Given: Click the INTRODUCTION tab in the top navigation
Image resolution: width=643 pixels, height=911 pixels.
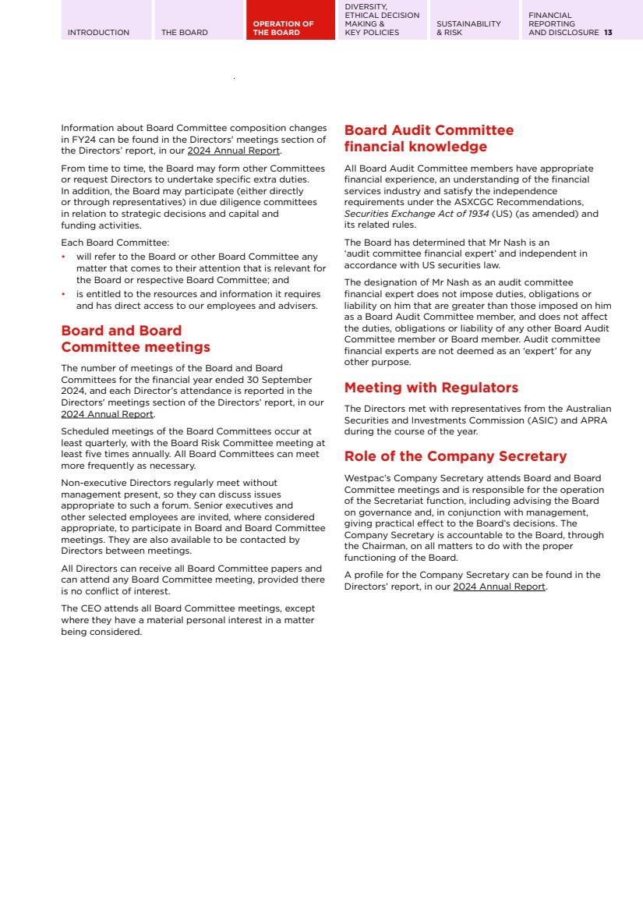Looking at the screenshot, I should pyautogui.click(x=98, y=33).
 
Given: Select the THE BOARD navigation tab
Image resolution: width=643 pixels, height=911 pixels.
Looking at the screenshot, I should pyautogui.click(x=185, y=33).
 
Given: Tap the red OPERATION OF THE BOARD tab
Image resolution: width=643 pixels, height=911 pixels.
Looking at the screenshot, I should pyautogui.click(x=283, y=28).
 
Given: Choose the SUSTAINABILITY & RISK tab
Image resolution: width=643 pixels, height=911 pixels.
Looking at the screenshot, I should pyautogui.click(x=468, y=28).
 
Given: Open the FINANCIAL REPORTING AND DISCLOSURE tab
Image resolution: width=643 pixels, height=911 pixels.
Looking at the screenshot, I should pyautogui.click(x=564, y=24).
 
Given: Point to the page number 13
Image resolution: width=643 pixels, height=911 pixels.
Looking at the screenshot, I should pyautogui.click(x=608, y=33).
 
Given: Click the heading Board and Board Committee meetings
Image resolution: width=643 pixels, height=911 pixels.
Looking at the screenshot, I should pyautogui.click(x=136, y=339).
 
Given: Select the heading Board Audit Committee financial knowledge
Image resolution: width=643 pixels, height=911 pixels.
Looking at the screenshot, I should pyautogui.click(x=429, y=138).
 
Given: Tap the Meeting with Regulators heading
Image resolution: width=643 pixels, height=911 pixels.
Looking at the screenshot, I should pyautogui.click(x=431, y=388).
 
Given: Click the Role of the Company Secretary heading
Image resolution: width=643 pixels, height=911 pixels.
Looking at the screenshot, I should pyautogui.click(x=455, y=456).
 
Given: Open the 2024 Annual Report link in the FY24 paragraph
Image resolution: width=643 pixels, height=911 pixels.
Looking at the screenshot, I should pyautogui.click(x=233, y=151).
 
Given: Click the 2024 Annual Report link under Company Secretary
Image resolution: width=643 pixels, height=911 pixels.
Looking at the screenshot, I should pyautogui.click(x=499, y=587).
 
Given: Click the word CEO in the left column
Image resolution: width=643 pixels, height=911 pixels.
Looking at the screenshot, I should pyautogui.click(x=90, y=608).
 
